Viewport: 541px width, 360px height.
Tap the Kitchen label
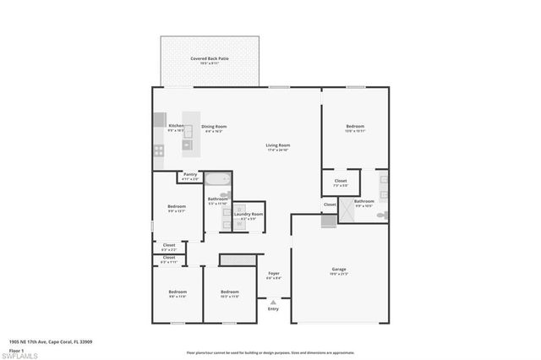click(176, 126)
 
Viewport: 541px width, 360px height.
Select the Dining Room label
click(214, 127)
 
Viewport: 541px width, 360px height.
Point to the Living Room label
click(278, 146)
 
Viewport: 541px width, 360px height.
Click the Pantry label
click(190, 176)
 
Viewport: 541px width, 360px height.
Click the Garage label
click(338, 270)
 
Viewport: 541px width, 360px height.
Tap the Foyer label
click(274, 273)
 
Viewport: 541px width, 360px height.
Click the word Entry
click(273, 308)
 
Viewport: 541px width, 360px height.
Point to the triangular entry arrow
click(273, 301)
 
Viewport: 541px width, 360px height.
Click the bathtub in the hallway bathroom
click(219, 180)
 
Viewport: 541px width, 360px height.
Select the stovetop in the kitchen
click(158, 150)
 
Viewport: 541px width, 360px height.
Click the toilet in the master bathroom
click(381, 215)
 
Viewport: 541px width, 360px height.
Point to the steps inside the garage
click(328, 221)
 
